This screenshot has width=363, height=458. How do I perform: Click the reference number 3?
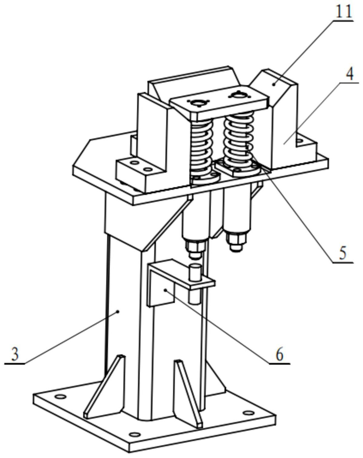click(15, 354)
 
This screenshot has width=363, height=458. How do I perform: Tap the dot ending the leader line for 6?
click(166, 290)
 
